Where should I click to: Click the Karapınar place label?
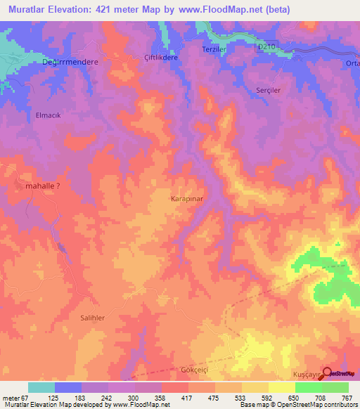[x=187, y=199]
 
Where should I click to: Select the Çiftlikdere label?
[x=161, y=57]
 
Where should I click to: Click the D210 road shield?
[x=264, y=44]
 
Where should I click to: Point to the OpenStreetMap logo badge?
[x=340, y=374]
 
